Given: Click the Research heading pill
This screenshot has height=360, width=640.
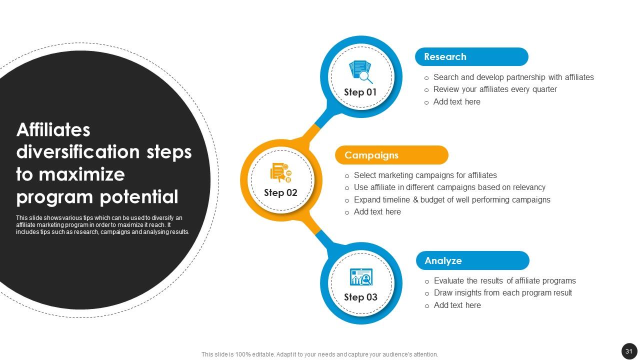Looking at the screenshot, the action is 471,56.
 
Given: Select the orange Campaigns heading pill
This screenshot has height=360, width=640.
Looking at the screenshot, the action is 391,155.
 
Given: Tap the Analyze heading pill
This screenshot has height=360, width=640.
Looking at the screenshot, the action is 472,260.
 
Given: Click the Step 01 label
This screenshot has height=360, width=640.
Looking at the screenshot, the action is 360,92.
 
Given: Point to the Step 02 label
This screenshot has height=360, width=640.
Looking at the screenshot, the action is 280,193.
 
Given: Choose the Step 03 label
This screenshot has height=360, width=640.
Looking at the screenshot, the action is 360,297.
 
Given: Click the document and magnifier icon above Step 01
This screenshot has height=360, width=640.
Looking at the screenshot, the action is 361,71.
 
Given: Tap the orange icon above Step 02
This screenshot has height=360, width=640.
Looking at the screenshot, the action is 281,172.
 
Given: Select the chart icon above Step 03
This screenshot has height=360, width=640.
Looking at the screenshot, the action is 361,277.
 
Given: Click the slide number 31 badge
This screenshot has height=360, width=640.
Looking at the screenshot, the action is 629,351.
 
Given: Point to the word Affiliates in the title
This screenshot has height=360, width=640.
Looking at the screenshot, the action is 53,130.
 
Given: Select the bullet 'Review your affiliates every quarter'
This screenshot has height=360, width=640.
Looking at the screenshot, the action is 495,89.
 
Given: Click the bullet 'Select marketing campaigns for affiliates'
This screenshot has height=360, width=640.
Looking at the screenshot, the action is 425,175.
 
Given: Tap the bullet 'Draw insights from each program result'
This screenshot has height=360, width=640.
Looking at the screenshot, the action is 503,293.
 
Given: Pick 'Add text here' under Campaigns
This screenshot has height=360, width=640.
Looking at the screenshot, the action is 377,211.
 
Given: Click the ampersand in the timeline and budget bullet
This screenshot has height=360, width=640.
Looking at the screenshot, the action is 415,199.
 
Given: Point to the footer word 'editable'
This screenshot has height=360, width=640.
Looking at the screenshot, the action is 263,354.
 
